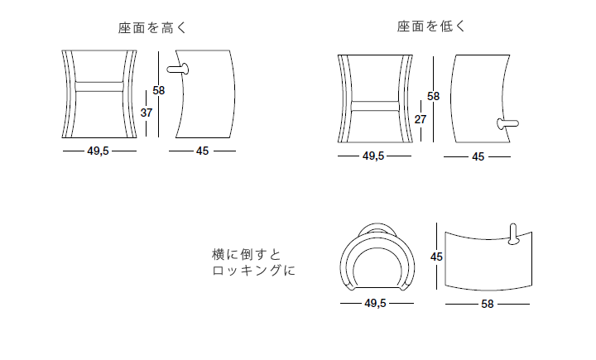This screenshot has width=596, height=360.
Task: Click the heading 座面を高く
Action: click(x=153, y=27)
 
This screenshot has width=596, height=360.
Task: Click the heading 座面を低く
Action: click(x=431, y=26)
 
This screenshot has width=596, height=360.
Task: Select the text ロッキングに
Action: click(x=253, y=270)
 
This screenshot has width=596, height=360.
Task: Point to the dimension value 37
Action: click(x=146, y=113)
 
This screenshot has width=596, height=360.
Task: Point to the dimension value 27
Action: click(x=421, y=118)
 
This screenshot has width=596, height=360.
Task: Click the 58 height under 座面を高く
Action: click(x=159, y=91)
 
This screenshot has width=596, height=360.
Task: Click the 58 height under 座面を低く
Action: click(x=433, y=96)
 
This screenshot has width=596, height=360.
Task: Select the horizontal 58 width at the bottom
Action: click(x=487, y=304)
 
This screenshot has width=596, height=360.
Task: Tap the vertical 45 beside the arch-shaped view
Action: click(x=437, y=257)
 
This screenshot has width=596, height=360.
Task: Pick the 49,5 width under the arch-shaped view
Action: click(x=375, y=304)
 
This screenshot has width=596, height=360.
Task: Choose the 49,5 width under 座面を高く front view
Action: click(x=99, y=151)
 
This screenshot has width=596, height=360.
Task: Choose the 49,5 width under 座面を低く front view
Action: click(x=372, y=156)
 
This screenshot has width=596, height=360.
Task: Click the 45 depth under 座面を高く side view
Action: click(x=202, y=151)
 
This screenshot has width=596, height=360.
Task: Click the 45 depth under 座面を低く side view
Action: click(x=478, y=156)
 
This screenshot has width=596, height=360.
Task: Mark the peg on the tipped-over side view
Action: click(x=512, y=234)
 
